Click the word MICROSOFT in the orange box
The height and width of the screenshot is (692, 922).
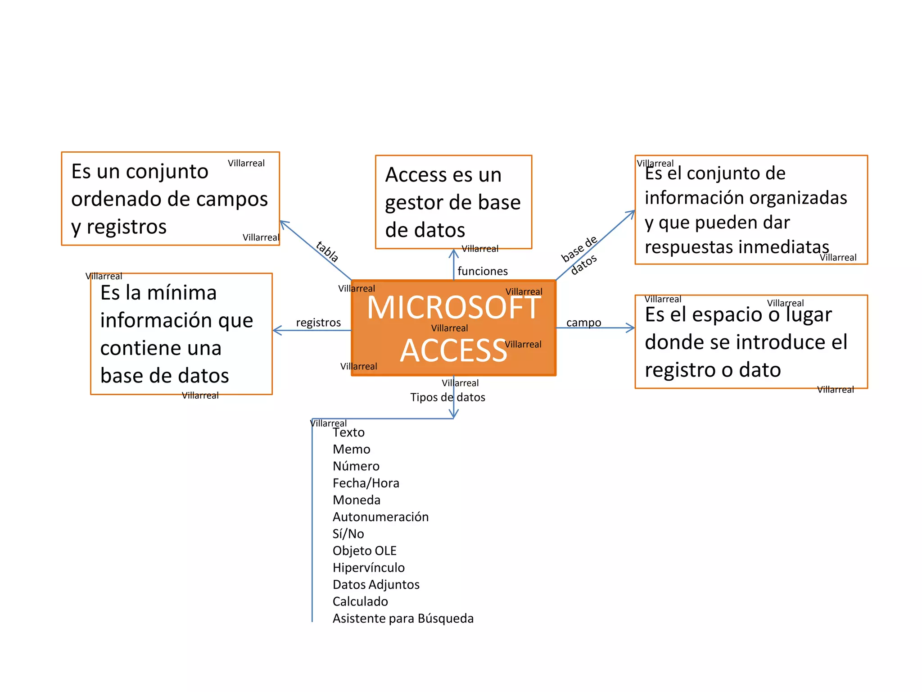tap(454, 308)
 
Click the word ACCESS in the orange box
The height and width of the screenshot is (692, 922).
tap(454, 351)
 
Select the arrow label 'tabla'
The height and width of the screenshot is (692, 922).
tap(327, 251)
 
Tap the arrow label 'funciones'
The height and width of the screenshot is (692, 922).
tap(483, 271)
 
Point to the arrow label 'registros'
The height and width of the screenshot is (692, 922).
tap(318, 323)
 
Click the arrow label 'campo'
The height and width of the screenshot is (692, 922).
tap(583, 323)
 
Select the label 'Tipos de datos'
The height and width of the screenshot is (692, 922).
tap(447, 397)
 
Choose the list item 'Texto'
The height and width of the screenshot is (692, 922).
tap(348, 432)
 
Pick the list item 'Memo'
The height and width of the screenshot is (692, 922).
tap(351, 449)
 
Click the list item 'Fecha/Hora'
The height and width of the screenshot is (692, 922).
tap(366, 483)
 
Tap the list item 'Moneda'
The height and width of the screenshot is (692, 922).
tap(356, 500)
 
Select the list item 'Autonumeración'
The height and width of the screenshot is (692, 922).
tap(380, 517)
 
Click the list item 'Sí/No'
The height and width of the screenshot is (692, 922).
tap(348, 534)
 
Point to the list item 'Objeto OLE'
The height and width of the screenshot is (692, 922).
tap(364, 551)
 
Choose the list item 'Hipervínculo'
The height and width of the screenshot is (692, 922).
tap(368, 568)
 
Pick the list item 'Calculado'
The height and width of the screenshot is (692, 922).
tap(360, 601)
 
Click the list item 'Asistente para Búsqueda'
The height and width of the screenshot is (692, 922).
tap(403, 619)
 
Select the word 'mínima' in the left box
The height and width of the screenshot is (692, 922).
tap(182, 293)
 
